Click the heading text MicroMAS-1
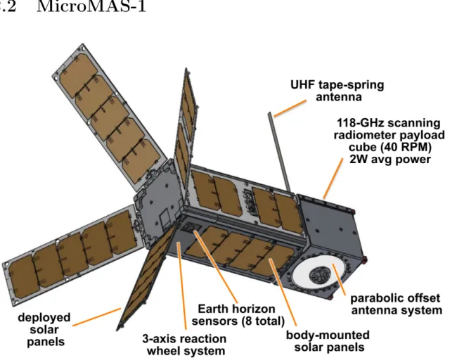coord(91,6)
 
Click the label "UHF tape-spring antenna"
coord(337,91)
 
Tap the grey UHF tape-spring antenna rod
coord(279,152)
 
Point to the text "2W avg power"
coord(390,160)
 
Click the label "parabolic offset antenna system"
coord(396,304)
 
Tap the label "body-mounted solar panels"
coord(328,341)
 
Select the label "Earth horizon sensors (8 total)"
coord(238,315)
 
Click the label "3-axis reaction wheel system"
coord(184,345)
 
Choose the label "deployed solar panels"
coord(44,330)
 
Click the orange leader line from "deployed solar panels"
coord(97,317)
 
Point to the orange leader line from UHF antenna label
coord(290,108)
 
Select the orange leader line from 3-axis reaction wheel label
coord(182,285)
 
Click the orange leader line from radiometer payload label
coord(333,179)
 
